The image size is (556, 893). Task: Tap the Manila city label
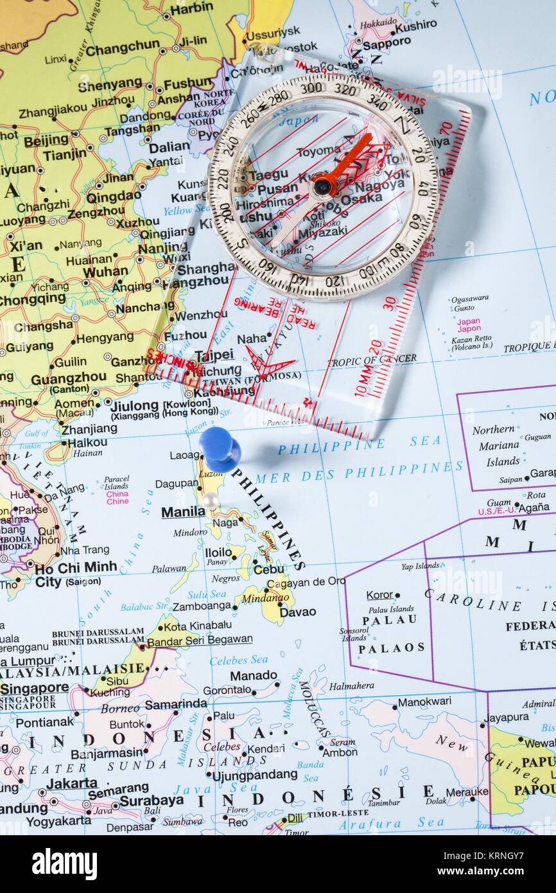(x=182, y=512)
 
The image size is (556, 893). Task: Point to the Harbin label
(x=191, y=8)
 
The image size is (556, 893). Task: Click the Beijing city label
(x=46, y=139)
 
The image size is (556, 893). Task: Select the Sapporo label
(x=387, y=43)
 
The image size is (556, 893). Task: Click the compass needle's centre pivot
(x=323, y=186)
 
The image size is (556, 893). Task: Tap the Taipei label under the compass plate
(x=214, y=355)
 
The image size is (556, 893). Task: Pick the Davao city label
(x=298, y=612)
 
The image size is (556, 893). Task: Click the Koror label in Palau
(x=379, y=595)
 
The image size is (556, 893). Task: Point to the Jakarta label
(x=72, y=783)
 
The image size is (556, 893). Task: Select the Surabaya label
(x=152, y=800)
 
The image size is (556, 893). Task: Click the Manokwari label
(x=424, y=702)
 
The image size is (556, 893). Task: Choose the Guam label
(x=499, y=503)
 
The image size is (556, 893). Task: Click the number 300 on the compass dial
(x=311, y=87)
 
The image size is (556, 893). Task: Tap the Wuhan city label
(x=105, y=272)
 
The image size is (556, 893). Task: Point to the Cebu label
(x=269, y=569)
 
